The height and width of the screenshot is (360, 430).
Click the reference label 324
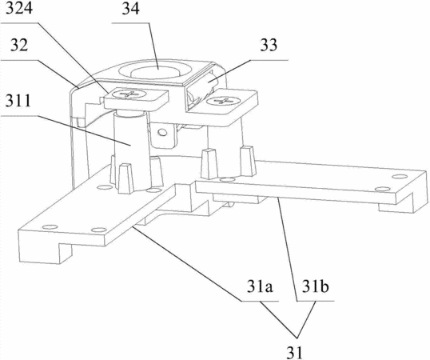click(19, 8)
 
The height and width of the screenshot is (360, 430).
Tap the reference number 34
click(130, 9)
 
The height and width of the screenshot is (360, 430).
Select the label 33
click(269, 45)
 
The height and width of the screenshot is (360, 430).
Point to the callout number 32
click(19, 45)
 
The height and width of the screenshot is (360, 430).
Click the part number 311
click(18, 101)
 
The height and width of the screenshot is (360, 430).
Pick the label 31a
click(260, 286)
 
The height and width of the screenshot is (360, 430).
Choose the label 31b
click(316, 286)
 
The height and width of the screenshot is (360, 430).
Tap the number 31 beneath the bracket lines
click(294, 352)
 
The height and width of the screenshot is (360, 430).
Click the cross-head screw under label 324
click(130, 94)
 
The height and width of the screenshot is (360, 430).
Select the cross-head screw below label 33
click(222, 101)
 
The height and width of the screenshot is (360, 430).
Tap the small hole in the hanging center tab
click(162, 133)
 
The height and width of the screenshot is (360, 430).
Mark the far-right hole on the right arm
click(399, 176)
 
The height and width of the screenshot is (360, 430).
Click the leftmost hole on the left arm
click(50, 227)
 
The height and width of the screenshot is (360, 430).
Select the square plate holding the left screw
click(136, 98)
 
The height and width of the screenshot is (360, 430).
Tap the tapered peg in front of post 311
click(125, 179)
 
